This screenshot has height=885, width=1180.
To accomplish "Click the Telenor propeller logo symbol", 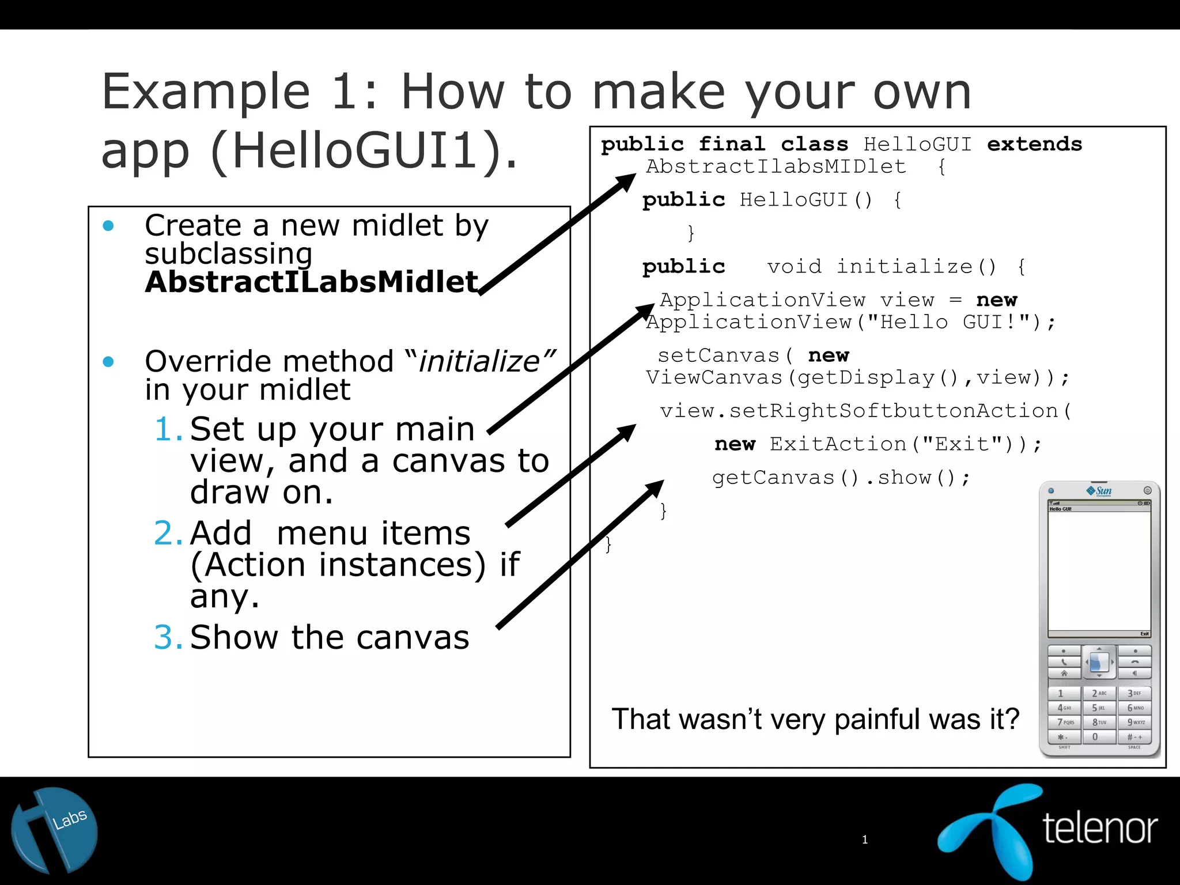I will tap(990, 830).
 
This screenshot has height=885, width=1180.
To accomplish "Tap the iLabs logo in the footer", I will tap(55, 830).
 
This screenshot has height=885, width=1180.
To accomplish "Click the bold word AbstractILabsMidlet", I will tap(311, 282).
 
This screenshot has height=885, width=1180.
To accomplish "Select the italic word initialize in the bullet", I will tap(479, 362).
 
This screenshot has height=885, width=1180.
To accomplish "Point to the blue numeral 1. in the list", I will tap(168, 429).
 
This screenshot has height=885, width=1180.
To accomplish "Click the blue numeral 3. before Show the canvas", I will tap(168, 637).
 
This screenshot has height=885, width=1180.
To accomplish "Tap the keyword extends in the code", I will tap(1034, 144).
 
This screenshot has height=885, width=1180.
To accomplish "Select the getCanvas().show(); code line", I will tap(841, 478).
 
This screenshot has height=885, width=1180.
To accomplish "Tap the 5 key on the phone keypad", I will tap(1099, 708).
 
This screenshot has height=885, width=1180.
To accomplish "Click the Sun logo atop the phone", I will tap(1099, 491).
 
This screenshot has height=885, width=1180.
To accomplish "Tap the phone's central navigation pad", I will tap(1099, 663).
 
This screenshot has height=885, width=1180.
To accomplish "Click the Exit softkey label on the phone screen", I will tap(1144, 634).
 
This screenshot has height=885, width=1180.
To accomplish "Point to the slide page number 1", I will tap(864, 839).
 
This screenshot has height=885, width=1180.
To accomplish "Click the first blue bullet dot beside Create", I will tap(108, 226).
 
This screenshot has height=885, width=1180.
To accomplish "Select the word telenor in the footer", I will tap(1100, 829).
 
